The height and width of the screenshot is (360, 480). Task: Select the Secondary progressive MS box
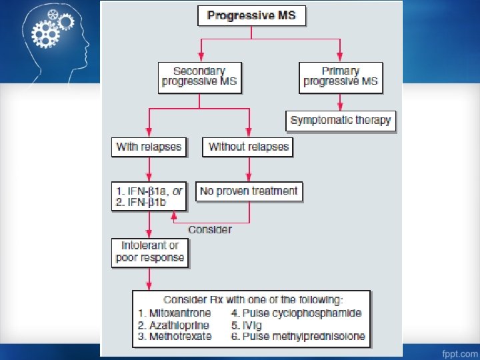[199, 77]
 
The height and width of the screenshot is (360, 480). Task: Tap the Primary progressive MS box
[341, 77]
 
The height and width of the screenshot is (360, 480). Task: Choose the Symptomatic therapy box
[341, 122]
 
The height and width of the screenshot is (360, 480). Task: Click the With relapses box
[149, 147]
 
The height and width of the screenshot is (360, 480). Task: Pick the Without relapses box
[249, 147]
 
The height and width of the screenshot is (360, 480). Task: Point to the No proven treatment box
[249, 191]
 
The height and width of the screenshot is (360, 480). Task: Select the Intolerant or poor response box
[149, 252]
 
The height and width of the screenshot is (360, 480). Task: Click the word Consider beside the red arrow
[210, 229]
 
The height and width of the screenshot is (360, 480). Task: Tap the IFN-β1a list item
[151, 191]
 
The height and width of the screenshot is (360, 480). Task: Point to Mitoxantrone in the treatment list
[175, 313]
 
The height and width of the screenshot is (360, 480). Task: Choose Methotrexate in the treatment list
[175, 337]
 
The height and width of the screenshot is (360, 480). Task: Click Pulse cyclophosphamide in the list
[296, 313]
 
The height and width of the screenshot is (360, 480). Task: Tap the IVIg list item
[254, 325]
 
